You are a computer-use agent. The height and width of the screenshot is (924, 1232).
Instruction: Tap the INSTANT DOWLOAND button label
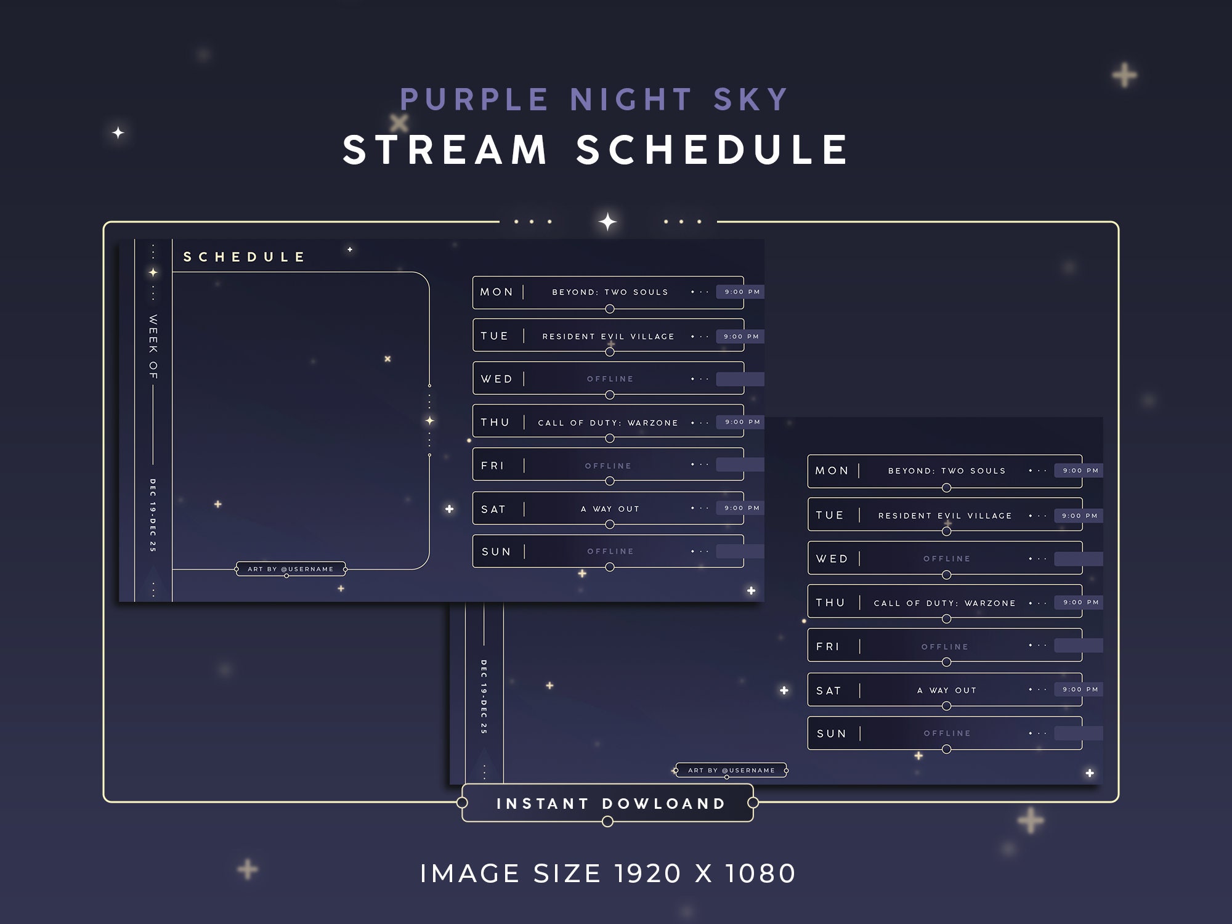pos(610,803)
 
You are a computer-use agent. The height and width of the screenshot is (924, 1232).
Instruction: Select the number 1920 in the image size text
pos(647,873)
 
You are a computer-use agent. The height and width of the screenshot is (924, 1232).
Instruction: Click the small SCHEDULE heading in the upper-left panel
pos(244,257)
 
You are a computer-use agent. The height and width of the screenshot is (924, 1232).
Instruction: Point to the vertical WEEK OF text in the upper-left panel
pos(153,347)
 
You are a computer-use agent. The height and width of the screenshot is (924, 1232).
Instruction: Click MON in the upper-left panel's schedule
pos(496,292)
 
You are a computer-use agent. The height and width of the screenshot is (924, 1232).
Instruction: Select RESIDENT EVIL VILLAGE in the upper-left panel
pos(608,336)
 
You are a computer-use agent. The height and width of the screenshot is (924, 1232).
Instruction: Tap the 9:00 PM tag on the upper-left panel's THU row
pos(742,422)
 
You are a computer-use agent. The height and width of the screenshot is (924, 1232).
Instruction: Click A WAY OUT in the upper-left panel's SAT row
pos(610,509)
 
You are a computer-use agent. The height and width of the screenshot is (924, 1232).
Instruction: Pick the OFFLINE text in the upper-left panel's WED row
pos(610,379)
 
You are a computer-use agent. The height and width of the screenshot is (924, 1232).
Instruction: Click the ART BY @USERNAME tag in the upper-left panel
pos(290,569)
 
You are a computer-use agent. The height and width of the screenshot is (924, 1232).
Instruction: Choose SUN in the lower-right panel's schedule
pos(831,734)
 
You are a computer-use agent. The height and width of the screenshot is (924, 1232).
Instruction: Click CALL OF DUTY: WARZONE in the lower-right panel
pos(944,603)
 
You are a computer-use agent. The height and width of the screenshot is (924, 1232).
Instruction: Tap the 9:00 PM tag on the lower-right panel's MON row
pos(1080,471)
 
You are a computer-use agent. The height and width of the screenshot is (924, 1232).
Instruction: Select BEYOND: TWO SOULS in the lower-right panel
pos(946,471)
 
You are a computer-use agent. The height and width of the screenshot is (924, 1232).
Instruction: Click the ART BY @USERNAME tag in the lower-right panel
pos(731,770)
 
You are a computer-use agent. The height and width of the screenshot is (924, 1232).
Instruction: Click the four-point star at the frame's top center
pos(607,222)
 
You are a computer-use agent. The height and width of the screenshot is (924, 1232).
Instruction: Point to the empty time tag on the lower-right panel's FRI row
pos(1078,646)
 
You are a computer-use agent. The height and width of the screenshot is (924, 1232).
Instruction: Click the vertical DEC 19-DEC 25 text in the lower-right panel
pos(484,696)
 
